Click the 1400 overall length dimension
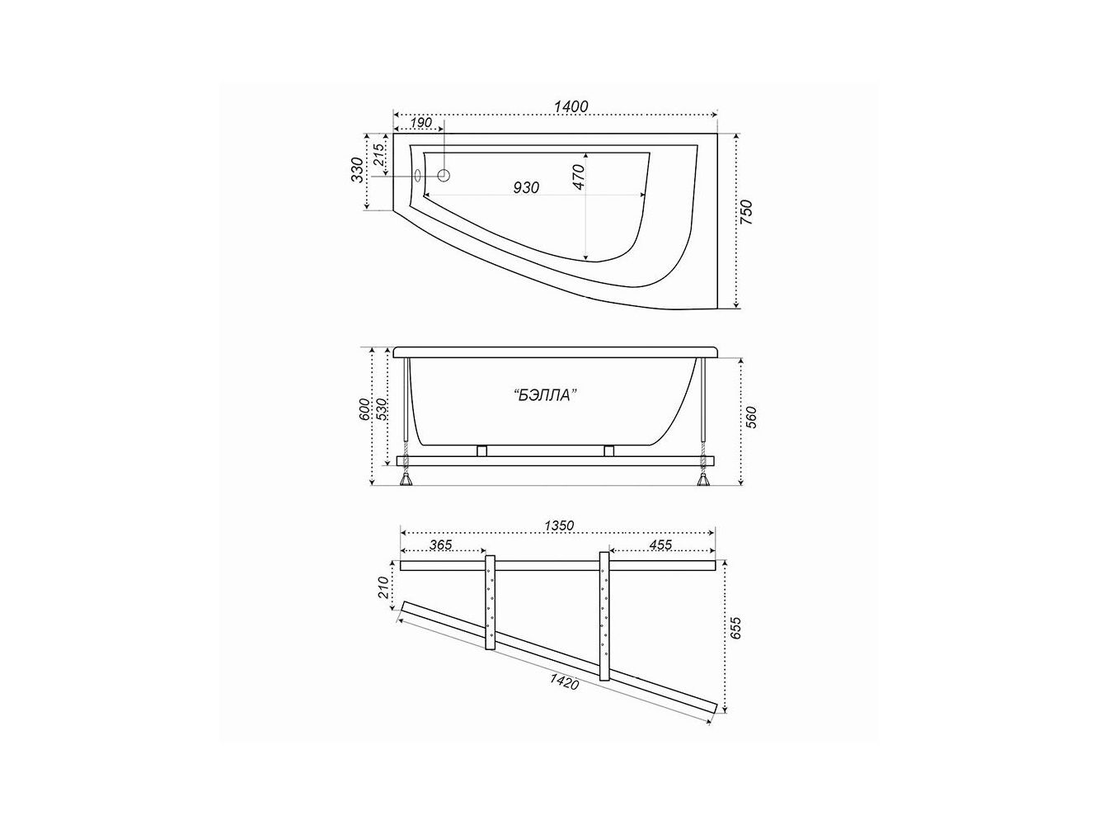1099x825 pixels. (571, 106)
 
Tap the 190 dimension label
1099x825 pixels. (420, 123)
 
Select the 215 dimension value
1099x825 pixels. (379, 155)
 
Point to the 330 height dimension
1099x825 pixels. (357, 170)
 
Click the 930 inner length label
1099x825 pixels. (526, 187)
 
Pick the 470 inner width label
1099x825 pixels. (578, 177)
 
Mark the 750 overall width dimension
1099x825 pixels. (746, 212)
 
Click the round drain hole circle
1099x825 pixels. (444, 176)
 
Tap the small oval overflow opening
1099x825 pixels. (418, 176)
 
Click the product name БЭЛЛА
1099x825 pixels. (544, 395)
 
